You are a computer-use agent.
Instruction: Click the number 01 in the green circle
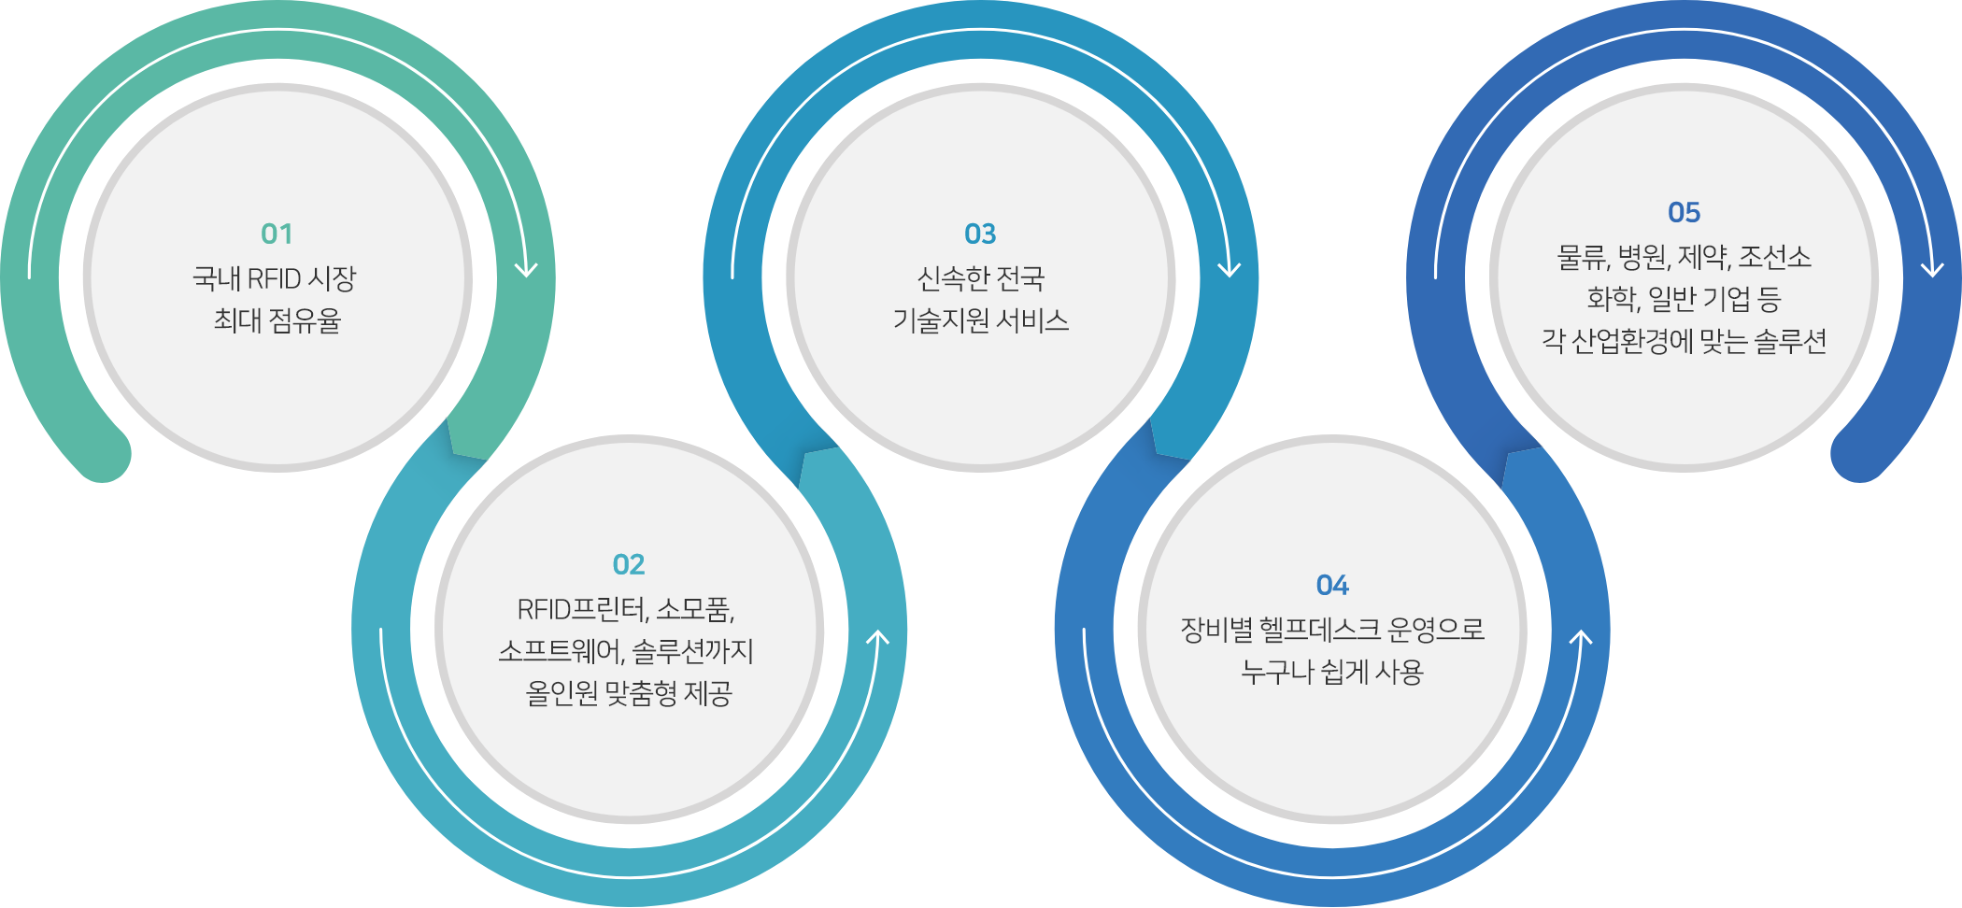(x=277, y=234)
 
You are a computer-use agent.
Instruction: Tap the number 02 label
(x=629, y=564)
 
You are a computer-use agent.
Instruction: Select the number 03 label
(x=980, y=234)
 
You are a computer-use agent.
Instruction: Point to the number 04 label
(x=1332, y=585)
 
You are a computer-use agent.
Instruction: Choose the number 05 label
(x=1685, y=212)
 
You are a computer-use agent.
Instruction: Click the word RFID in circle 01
(x=274, y=278)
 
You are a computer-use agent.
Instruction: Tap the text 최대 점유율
(x=277, y=320)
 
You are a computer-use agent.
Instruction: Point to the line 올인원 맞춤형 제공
(x=629, y=693)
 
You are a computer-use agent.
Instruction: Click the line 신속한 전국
(x=981, y=277)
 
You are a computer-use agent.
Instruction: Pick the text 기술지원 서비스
(x=981, y=320)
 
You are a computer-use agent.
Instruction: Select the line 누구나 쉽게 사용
(x=1332, y=671)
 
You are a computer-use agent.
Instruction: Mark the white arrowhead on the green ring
(x=526, y=268)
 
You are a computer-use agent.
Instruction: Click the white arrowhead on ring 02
(x=877, y=639)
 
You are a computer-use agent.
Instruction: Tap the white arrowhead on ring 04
(x=1580, y=639)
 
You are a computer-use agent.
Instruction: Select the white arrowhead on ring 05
(x=1932, y=268)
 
